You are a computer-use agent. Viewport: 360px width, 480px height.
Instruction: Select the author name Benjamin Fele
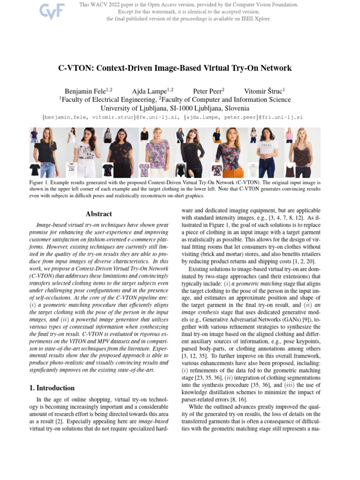(87, 91)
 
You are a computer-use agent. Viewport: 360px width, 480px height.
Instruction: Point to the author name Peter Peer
(207, 91)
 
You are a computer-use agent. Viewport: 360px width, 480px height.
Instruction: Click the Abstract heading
(99, 214)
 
